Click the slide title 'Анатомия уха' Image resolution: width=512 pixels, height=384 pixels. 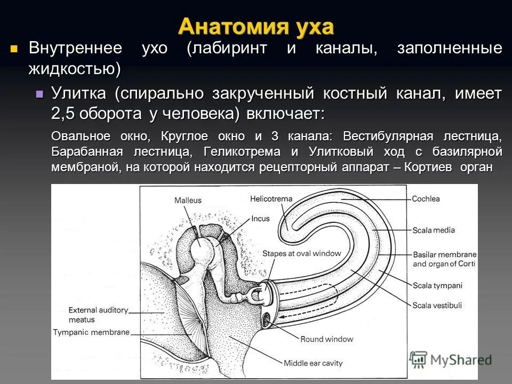coord(255,26)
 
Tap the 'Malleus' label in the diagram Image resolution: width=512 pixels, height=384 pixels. coord(188,200)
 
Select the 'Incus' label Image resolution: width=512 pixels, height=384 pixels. coord(261,218)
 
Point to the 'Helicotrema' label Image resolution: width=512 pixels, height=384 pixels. coord(271,199)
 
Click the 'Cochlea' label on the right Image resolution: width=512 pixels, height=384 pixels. coord(426,199)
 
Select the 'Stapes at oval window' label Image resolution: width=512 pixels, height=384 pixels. coord(301,254)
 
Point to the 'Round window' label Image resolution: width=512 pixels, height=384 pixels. coord(327,339)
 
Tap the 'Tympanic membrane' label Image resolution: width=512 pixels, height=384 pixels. coord(91,332)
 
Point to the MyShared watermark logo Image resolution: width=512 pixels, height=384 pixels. coord(451,358)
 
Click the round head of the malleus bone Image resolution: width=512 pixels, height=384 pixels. coord(201,244)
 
